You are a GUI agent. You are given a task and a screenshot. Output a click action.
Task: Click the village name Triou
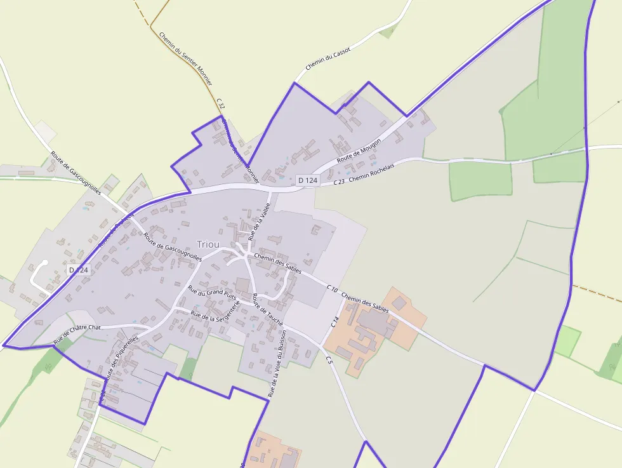(208, 244)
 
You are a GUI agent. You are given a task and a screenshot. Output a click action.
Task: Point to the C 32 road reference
(220, 104)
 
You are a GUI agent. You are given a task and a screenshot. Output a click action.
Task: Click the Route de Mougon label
(359, 150)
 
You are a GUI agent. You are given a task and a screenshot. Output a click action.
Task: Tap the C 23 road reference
(338, 182)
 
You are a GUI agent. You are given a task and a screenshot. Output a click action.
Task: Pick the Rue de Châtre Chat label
(77, 334)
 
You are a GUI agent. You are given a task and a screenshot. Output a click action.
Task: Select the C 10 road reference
(332, 288)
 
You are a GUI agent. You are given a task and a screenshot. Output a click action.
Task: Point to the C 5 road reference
(329, 360)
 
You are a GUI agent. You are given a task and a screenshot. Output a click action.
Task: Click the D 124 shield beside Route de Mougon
(307, 180)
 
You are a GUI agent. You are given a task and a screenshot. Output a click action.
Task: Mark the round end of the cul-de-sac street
(44, 262)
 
